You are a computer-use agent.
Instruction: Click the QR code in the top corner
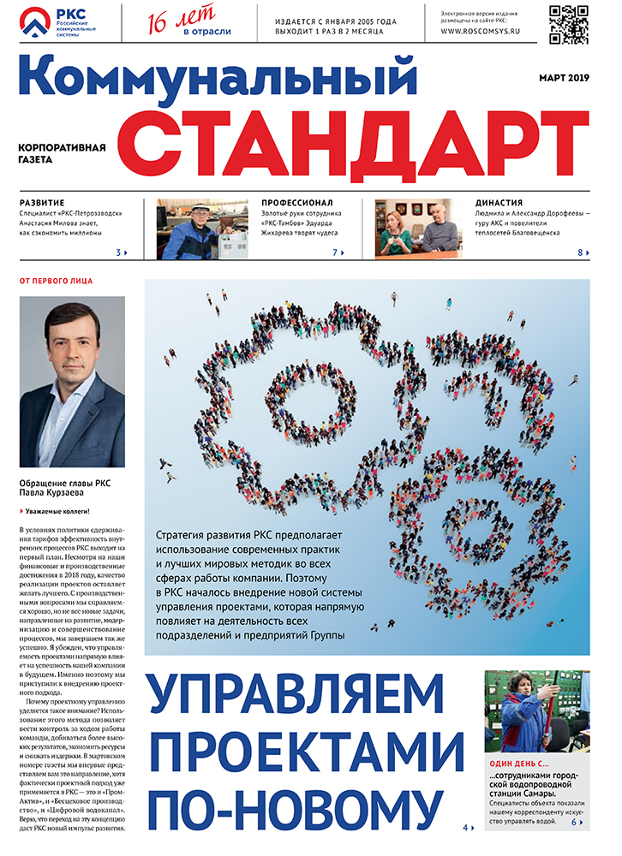pyautogui.click(x=569, y=23)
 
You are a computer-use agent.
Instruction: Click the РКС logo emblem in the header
pyautogui.click(x=36, y=23)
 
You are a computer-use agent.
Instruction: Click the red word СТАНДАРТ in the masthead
pyautogui.click(x=361, y=140)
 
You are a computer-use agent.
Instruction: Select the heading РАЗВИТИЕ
pyautogui.click(x=42, y=203)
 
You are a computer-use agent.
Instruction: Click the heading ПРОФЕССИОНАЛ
pyautogui.click(x=299, y=203)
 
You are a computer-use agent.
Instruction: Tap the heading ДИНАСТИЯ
pyautogui.click(x=499, y=203)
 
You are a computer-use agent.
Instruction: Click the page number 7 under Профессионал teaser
pyautogui.click(x=335, y=253)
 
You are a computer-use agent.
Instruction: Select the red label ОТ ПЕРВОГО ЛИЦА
pyautogui.click(x=56, y=281)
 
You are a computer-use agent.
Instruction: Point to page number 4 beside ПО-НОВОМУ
pyautogui.click(x=466, y=828)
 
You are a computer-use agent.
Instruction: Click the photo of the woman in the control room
pyautogui.click(x=536, y=710)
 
